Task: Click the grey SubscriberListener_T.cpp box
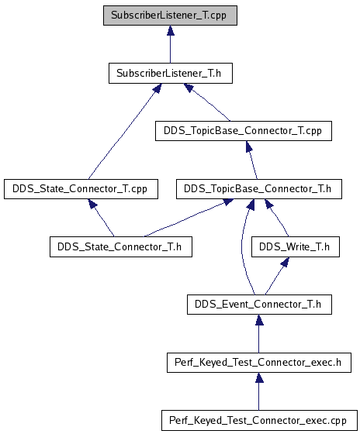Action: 170,15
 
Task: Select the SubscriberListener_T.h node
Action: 171,74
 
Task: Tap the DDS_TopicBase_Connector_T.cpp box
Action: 244,131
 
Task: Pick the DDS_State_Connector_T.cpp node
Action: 81,189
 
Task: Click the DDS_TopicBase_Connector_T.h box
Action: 259,189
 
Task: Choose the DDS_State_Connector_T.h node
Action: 121,246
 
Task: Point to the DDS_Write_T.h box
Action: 296,246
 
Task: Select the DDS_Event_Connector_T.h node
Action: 259,305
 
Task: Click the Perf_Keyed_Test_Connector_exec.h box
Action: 259,363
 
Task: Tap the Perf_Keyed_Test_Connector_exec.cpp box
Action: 259,420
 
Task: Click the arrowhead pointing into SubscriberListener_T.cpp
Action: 171,30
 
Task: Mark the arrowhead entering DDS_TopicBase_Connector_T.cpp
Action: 249,146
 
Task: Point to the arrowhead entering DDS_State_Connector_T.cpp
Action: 93,204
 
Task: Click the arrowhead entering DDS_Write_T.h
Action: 286,262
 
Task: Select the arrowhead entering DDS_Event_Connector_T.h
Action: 259,319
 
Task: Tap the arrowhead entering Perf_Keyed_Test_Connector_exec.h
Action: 259,378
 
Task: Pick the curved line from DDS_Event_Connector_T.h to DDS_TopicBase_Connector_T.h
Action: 242,246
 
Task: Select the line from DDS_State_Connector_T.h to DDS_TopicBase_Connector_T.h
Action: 185,219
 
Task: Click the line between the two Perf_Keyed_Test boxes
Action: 259,396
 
